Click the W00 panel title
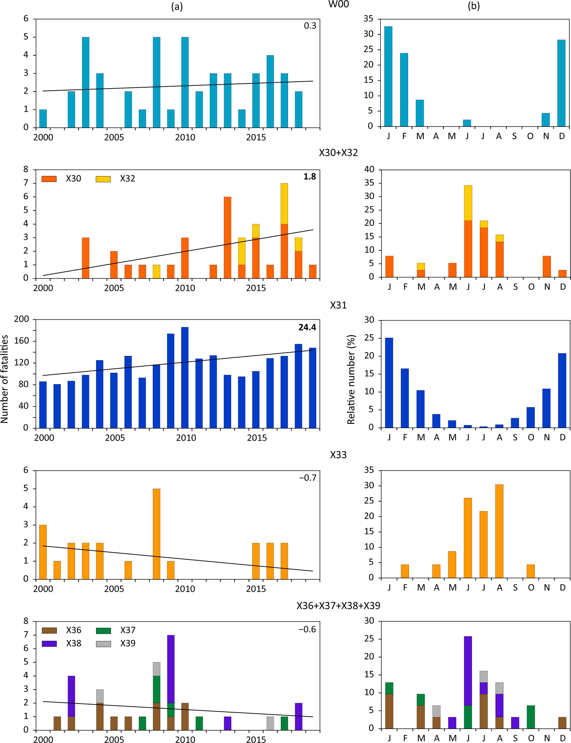click(338, 4)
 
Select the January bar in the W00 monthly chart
click(388, 76)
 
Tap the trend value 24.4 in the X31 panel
click(307, 327)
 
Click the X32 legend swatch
click(103, 179)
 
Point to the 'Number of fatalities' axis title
click(4, 379)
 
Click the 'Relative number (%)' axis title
click(351, 379)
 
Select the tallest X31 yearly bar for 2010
click(185, 377)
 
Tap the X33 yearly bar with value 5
click(156, 534)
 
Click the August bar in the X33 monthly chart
click(499, 531)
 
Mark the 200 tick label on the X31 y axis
click(22, 319)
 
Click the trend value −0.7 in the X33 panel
click(307, 478)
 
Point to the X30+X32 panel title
click(338, 153)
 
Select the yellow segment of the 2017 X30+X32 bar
click(284, 204)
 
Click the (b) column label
click(473, 6)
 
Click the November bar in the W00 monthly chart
click(546, 120)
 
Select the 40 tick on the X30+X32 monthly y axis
click(369, 169)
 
